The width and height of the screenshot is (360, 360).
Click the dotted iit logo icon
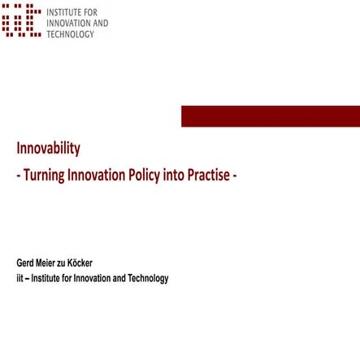point(21,21)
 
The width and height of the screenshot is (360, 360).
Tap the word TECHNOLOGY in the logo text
point(71,34)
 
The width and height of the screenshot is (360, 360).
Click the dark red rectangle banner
point(270,116)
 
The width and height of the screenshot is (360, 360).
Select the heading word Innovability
point(48,149)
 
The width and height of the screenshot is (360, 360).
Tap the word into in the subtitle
point(174,176)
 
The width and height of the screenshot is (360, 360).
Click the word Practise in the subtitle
point(208,176)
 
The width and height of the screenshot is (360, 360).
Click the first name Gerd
point(25,263)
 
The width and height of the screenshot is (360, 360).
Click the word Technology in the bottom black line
point(148,279)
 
